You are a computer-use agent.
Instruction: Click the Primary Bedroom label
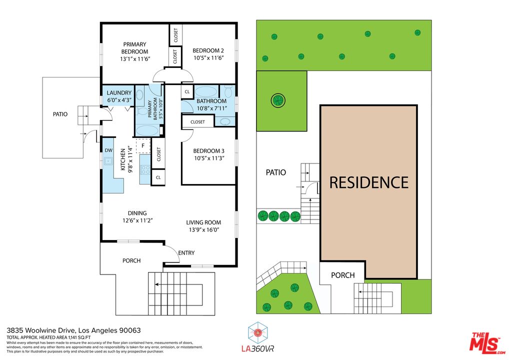tap(135, 48)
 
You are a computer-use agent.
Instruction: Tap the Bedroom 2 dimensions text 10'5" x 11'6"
tap(208, 58)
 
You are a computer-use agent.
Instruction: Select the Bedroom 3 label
tap(208, 151)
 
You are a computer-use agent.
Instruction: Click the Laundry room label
tap(119, 93)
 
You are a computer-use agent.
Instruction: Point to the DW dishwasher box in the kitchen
tap(108, 150)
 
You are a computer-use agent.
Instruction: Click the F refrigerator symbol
tap(143, 145)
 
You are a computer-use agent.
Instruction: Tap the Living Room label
tap(203, 222)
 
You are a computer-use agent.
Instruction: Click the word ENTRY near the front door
tap(186, 253)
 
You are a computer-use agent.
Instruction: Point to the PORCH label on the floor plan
tap(131, 260)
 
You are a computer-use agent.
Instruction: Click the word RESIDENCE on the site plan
tap(368, 182)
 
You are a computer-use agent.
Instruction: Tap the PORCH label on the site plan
tap(343, 275)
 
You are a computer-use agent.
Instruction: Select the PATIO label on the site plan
tap(275, 172)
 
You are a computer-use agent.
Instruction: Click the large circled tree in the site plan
tap(277, 100)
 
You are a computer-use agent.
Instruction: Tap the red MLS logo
tap(487, 342)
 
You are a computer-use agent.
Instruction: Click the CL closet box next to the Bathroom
tap(187, 92)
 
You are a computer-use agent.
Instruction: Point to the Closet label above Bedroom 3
tap(197, 121)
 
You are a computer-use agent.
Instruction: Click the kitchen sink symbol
tap(107, 161)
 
